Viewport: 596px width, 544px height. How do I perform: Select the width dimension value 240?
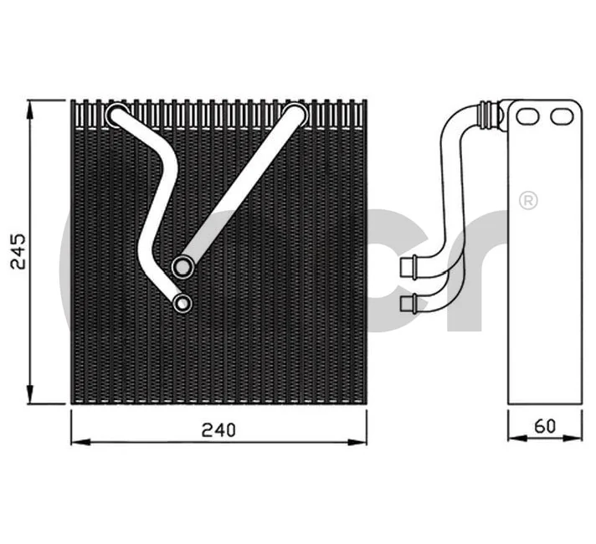click(x=218, y=429)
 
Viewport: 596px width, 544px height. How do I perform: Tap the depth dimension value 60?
click(x=545, y=426)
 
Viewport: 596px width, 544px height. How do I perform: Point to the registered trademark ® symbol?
click(x=528, y=200)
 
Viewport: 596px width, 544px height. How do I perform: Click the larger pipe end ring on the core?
click(x=182, y=267)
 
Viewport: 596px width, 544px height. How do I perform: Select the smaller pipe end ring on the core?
click(x=182, y=303)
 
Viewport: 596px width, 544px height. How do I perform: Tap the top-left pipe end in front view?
click(x=117, y=115)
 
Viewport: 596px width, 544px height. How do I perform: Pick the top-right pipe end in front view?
click(x=295, y=115)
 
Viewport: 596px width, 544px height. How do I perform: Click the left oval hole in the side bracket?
click(x=527, y=116)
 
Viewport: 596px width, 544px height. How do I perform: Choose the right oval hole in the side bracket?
click(x=560, y=116)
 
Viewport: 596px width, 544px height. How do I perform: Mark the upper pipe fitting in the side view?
click(x=409, y=267)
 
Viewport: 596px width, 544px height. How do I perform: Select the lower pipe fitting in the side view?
click(x=409, y=302)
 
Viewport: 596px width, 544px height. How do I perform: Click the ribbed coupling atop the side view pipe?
click(x=486, y=115)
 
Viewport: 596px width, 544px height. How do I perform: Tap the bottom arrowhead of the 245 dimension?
click(x=31, y=397)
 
